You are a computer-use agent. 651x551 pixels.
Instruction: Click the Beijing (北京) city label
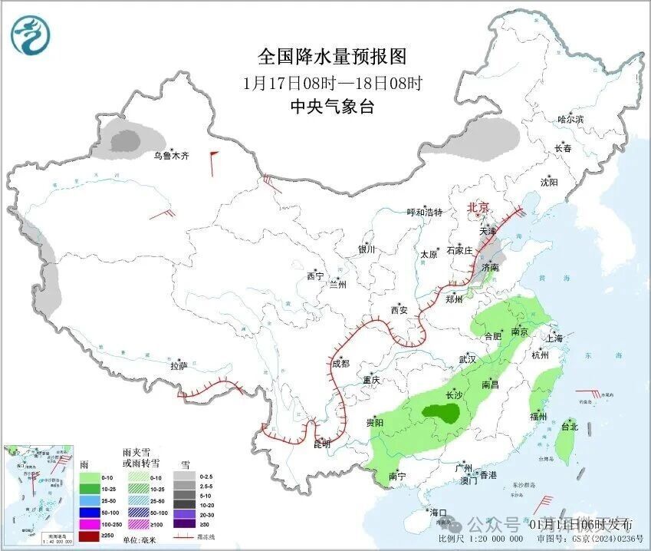coord(478,208)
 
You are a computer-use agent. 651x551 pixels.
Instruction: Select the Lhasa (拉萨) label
coord(179,366)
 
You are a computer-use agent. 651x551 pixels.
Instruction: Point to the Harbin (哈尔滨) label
coord(570,120)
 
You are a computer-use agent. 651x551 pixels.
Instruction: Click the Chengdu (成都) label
coord(340,363)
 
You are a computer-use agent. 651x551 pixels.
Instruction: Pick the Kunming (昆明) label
coord(322,444)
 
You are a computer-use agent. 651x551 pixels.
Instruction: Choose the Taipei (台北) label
coord(568,427)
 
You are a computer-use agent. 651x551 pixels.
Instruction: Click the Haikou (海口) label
coord(438,512)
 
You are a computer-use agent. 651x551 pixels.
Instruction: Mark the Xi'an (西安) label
coord(399,310)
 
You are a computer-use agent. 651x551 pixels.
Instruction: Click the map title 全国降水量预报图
coord(331,57)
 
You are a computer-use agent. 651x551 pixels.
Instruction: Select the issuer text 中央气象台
coord(332,107)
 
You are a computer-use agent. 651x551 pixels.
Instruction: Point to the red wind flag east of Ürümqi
coord(214,157)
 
